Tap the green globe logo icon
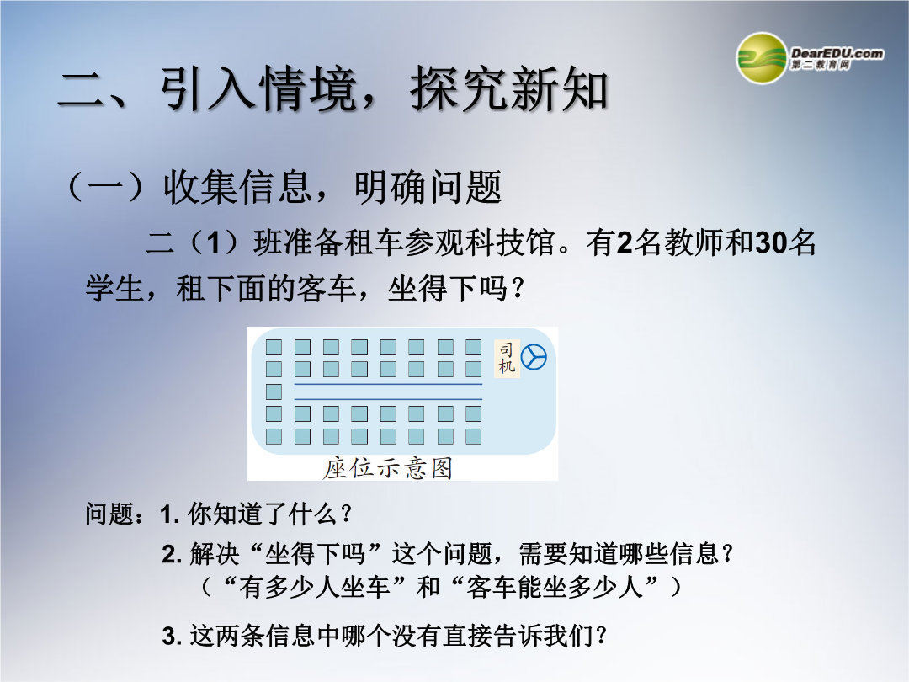point(761,58)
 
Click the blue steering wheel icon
point(534,357)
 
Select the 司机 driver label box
point(507,358)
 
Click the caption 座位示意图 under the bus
point(387,468)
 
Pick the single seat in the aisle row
point(274,392)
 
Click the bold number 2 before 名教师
point(625,242)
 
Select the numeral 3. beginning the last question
point(173,637)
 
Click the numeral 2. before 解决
point(173,554)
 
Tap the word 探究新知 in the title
point(509,88)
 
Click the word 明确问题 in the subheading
point(428,187)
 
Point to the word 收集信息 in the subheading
point(237,187)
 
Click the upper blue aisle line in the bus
point(388,384)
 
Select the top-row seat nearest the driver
point(474,347)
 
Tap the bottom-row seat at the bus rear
point(274,436)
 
